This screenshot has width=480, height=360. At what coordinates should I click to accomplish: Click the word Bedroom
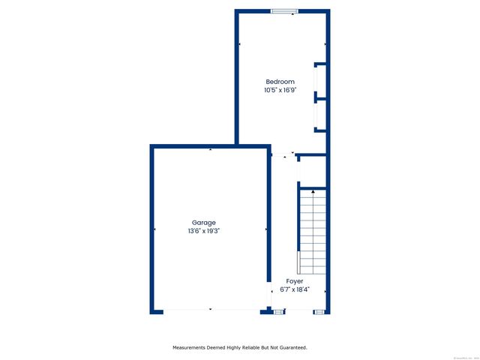pos(280,82)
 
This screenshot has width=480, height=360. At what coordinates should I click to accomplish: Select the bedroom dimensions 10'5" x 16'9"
pos(280,90)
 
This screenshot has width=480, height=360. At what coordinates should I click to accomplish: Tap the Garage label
pos(204,223)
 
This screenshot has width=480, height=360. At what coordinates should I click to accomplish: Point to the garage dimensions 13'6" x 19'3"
pos(204,231)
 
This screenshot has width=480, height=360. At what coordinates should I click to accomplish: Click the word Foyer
pos(295,281)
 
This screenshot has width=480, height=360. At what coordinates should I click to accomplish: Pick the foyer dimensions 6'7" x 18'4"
pos(295,289)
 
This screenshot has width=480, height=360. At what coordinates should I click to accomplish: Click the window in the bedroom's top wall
pos(284,10)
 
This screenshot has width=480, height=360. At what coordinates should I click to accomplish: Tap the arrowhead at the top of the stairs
pos(313,193)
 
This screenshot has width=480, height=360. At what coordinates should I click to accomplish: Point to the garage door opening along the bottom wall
pos(210,310)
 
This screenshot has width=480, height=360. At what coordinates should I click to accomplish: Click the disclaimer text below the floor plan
pos(240,347)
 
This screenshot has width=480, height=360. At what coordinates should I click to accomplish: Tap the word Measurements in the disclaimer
pos(192,347)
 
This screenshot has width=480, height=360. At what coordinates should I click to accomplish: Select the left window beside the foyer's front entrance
pos(279,310)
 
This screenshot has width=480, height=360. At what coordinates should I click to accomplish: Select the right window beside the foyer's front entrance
pos(319,310)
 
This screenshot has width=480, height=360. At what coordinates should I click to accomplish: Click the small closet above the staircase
pos(312,172)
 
